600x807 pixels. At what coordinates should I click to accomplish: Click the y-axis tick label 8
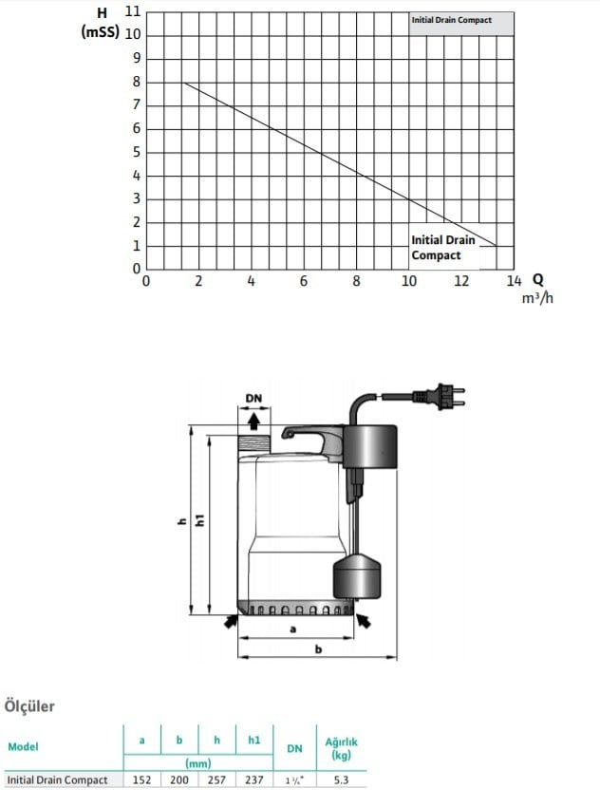point(136,82)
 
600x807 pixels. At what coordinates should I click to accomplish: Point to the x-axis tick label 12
point(461,281)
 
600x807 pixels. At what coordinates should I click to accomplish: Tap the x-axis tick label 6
point(303,281)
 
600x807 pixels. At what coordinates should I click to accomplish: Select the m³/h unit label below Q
point(536,298)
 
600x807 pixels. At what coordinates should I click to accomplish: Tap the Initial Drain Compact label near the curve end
point(443,248)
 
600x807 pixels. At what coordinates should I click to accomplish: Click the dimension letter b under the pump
point(318,648)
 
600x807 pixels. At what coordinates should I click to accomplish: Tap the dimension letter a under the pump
point(292,629)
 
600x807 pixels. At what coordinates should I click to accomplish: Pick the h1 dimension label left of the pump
point(200,521)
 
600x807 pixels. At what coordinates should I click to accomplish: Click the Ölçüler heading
point(30,706)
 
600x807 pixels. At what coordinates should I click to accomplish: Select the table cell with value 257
point(217,779)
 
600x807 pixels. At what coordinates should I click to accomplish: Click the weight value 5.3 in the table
point(341,779)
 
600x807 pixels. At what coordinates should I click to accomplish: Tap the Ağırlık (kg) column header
point(341,748)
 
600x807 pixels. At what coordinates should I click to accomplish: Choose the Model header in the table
point(23,746)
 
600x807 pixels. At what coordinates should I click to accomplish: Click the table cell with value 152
point(141,779)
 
